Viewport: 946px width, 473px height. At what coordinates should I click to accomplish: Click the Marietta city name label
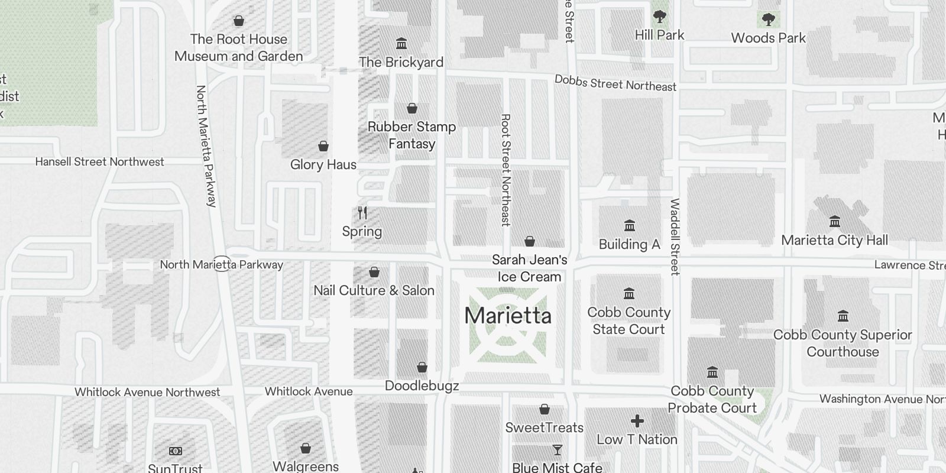(508, 316)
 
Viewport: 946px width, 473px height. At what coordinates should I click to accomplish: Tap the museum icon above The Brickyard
(401, 44)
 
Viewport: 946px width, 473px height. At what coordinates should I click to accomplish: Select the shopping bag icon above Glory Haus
(323, 146)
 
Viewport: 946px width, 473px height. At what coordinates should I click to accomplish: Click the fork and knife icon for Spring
(362, 213)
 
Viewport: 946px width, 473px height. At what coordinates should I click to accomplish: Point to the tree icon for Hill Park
(659, 17)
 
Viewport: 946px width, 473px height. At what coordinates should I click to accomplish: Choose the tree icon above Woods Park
(768, 20)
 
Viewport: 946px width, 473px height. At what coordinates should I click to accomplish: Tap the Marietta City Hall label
(834, 240)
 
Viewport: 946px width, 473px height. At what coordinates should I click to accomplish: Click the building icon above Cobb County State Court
(629, 294)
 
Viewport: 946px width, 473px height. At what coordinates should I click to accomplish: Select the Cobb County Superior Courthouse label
(843, 343)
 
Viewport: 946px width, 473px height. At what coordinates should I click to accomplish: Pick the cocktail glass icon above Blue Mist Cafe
(557, 450)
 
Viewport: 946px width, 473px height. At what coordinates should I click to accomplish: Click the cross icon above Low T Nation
(637, 421)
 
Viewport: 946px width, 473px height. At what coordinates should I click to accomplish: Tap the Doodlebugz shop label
(422, 386)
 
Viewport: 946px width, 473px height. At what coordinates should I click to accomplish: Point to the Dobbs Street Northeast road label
(615, 83)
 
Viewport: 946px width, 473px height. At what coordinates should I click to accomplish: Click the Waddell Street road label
(675, 237)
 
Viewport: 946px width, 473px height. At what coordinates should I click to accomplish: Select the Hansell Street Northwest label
(99, 161)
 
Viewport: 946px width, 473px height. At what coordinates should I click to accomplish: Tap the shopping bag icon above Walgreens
(306, 448)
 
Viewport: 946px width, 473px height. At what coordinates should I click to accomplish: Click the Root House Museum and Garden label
(238, 47)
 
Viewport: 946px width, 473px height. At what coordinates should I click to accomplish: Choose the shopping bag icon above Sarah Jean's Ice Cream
(530, 241)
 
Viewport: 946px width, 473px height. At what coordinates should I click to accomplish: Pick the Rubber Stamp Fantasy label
(412, 135)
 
